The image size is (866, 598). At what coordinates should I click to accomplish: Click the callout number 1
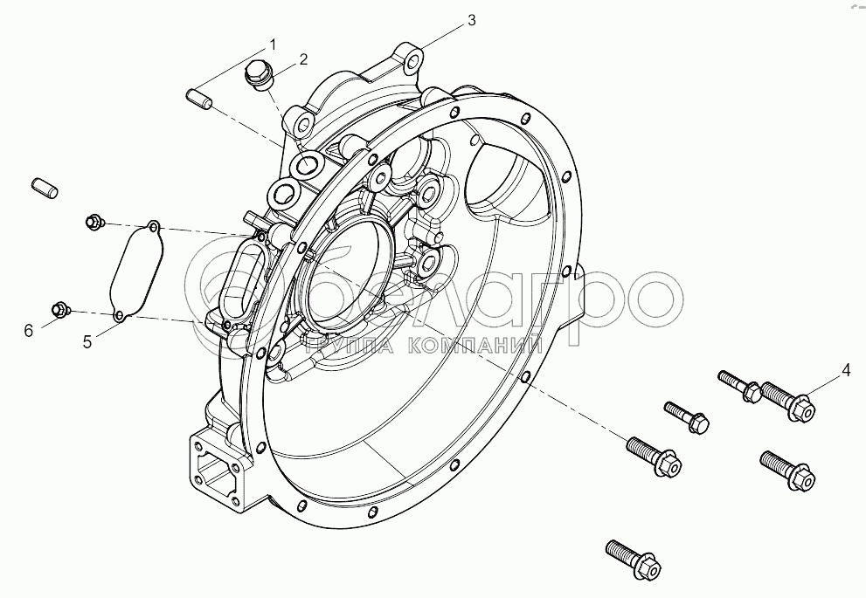[x=273, y=44]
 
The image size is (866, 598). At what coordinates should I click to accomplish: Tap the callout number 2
[x=303, y=59]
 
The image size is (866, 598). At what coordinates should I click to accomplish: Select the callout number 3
[x=470, y=20]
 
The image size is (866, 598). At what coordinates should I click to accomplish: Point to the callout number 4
[x=846, y=371]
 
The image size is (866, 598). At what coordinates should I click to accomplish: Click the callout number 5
[x=87, y=342]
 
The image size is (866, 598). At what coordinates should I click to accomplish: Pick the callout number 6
[x=29, y=331]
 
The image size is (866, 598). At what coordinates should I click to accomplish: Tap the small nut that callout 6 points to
[x=61, y=310]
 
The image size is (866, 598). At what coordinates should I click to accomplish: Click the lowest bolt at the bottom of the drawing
[x=634, y=558]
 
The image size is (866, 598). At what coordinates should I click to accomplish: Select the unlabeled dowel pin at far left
[x=45, y=187]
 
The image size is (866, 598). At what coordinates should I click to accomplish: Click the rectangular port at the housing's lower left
[x=214, y=469]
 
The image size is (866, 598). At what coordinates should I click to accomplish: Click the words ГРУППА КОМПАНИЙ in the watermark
[x=424, y=346]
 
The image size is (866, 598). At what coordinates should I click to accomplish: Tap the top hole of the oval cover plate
[x=154, y=226]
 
